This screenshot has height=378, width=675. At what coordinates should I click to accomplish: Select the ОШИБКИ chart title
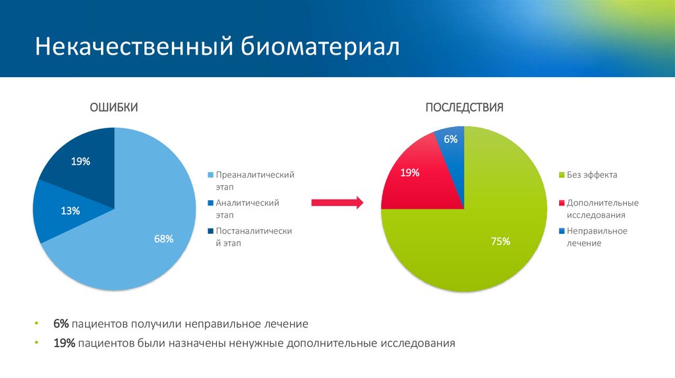[x=114, y=108]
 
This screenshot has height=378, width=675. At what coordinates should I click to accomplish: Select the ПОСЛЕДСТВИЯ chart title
[x=464, y=108]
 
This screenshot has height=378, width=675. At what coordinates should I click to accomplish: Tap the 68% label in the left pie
[x=163, y=239]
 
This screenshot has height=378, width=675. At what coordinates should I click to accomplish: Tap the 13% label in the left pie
[x=71, y=211]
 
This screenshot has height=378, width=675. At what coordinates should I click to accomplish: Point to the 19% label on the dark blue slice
[x=80, y=161]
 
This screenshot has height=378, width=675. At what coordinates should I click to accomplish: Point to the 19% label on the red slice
[x=410, y=173]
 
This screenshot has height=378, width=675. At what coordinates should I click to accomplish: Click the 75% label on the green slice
[x=501, y=242]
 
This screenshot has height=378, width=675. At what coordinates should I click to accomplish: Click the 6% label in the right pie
[x=451, y=139]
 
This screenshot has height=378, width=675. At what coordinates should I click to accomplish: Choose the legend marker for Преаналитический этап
[x=210, y=175]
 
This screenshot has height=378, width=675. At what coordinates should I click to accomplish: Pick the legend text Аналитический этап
[x=247, y=209]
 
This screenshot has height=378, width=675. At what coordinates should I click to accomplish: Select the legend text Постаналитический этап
[x=253, y=237]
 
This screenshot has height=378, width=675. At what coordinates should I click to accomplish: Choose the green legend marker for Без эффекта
[x=562, y=175]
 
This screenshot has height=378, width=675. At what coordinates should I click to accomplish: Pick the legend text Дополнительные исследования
[x=602, y=209]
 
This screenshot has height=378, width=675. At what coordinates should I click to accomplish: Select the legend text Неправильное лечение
[x=597, y=237]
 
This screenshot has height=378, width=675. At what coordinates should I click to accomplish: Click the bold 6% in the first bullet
[x=61, y=324]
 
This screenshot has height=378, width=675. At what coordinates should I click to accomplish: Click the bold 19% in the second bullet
[x=64, y=343]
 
